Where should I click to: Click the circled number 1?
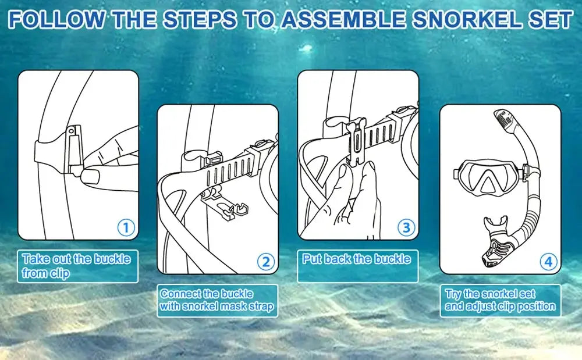126,227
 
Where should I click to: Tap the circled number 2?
266,262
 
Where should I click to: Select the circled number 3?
406,227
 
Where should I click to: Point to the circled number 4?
548,262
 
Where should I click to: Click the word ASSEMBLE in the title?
343,20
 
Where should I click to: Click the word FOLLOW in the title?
57,20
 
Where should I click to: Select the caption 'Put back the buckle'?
356,259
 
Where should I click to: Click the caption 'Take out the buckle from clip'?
76,266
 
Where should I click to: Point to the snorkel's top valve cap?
505,119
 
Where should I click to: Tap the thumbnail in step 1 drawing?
90,176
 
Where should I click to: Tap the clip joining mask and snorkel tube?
525,172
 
